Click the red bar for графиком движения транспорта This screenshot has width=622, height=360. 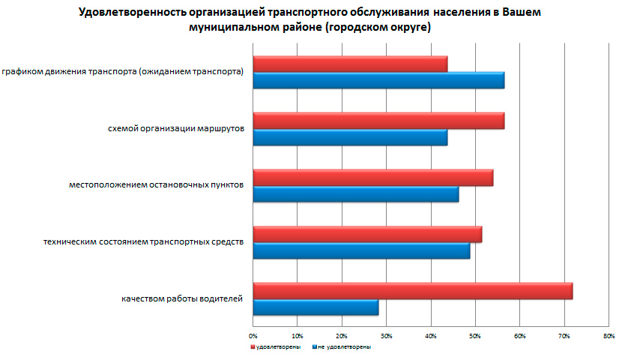click(350, 64)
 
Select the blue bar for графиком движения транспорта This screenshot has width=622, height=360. click(378, 80)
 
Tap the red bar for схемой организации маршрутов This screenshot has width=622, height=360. click(378, 121)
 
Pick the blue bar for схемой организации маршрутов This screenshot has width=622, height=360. click(350, 137)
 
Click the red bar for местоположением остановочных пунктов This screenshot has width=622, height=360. click(372, 178)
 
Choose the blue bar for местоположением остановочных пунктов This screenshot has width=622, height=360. click(355, 194)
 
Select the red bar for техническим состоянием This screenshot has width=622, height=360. click(367, 234)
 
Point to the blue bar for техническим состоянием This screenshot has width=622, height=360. click(361, 250)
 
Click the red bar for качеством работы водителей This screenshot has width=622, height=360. click(412, 291)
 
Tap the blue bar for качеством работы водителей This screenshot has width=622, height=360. click(315, 307)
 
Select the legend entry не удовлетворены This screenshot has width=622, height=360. click(345, 347)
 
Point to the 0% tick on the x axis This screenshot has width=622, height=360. click(253, 334)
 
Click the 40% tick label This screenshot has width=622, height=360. click(430, 334)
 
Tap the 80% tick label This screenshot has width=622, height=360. click(608, 334)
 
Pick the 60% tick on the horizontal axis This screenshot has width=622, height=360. click(519, 334)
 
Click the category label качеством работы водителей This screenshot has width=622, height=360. click(182, 299)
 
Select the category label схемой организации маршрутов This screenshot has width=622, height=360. click(176, 129)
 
